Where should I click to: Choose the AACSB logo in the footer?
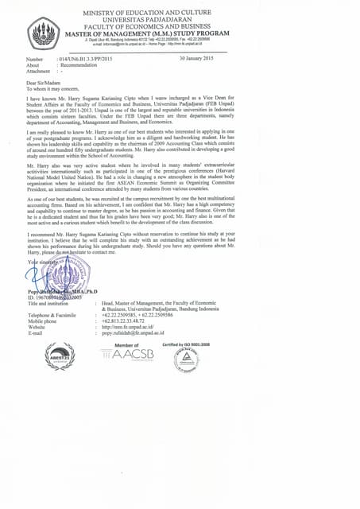tap(127, 356)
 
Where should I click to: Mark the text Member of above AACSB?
tap(126, 345)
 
